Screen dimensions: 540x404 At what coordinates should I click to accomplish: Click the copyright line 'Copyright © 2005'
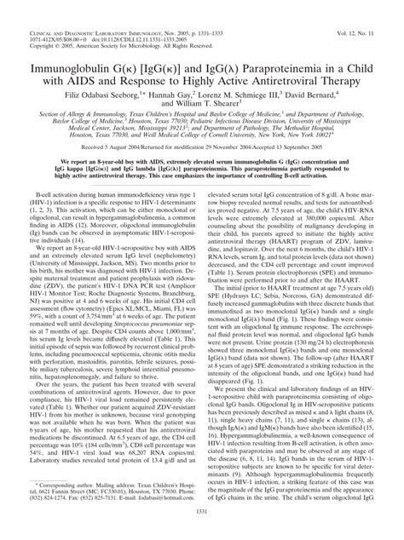pyautogui.click(x=45, y=23)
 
